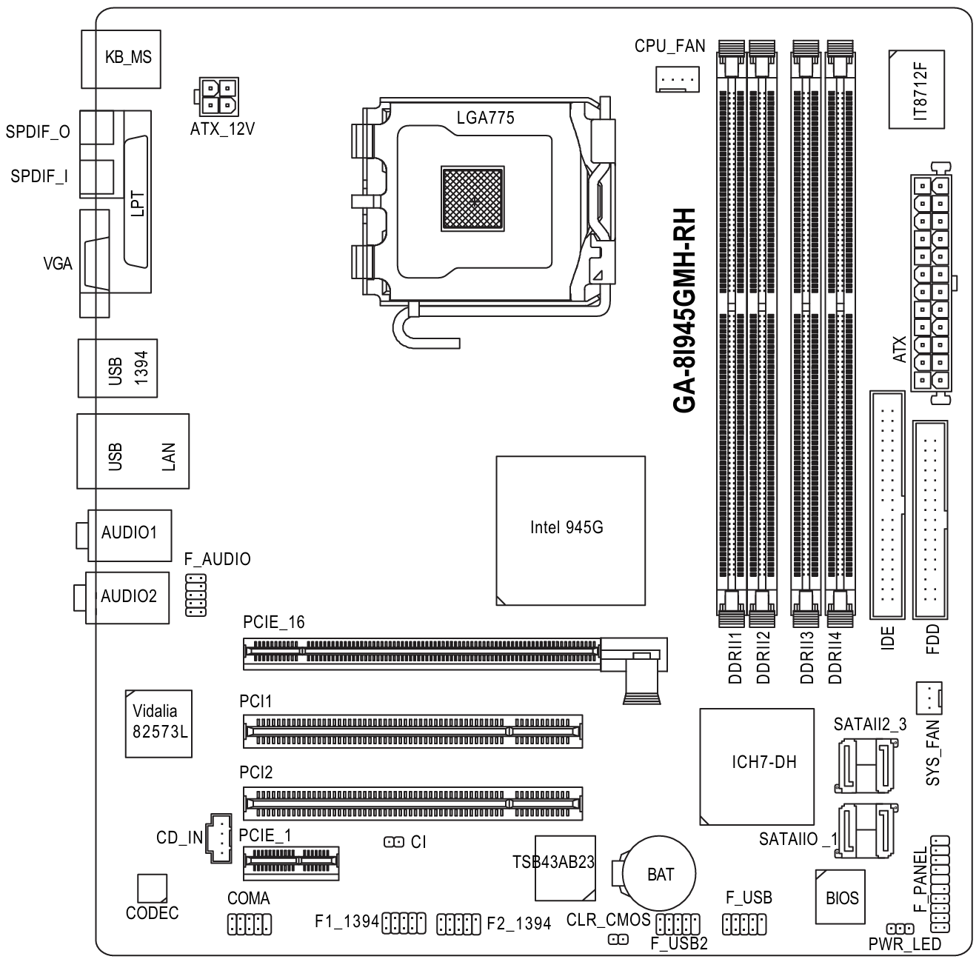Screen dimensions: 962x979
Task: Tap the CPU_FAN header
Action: point(677,77)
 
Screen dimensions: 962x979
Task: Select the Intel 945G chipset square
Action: point(570,530)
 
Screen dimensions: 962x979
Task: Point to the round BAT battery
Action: point(660,874)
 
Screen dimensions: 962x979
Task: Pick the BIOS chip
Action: point(841,898)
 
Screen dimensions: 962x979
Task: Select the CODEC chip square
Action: point(152,887)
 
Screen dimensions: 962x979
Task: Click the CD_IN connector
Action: point(219,838)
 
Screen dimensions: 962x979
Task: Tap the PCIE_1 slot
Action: point(292,863)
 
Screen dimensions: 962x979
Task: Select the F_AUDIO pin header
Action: point(196,594)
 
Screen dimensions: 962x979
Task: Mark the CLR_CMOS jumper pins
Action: point(618,940)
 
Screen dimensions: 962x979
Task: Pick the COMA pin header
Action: point(250,923)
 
